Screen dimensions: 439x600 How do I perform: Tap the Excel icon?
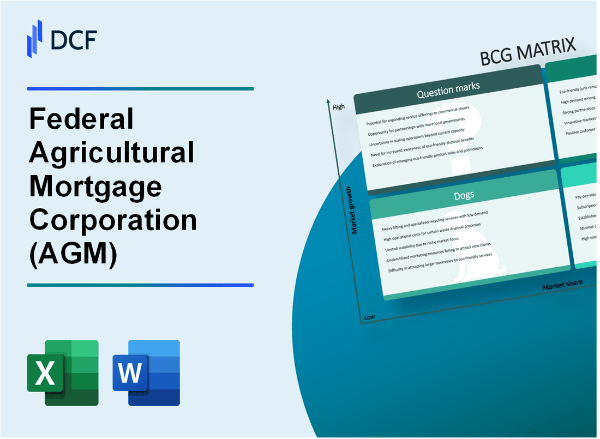coord(63,372)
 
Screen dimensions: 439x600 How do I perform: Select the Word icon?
coord(146,372)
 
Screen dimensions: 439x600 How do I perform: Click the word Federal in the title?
coord(81,119)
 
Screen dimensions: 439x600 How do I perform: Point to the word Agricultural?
coord(112,153)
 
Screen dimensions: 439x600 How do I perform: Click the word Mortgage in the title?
coord(95,187)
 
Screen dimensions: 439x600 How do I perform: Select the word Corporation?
coord(113,220)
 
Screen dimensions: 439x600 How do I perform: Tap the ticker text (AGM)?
coord(73,254)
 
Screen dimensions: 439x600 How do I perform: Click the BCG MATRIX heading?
coord(528,53)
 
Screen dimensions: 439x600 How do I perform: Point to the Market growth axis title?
coord(355,210)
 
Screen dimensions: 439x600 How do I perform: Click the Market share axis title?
coord(562,285)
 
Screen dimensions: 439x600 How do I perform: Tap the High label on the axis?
coord(338,107)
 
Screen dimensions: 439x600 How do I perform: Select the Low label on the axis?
coord(369,317)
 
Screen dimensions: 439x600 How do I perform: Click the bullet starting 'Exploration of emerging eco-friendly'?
coord(428,157)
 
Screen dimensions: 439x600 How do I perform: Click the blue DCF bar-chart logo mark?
coord(35,38)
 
